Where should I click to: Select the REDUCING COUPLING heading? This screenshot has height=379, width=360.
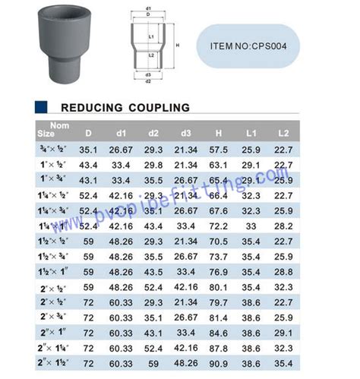pyautogui.click(x=125, y=107)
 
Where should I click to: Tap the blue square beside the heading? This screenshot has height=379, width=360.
pyautogui.click(x=42, y=107)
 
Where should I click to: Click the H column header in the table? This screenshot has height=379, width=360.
pyautogui.click(x=219, y=133)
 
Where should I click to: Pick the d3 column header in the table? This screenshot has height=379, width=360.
pyautogui.click(x=186, y=133)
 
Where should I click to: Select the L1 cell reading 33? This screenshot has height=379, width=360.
pyautogui.click(x=250, y=226)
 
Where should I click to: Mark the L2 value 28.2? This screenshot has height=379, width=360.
pyautogui.click(x=283, y=226)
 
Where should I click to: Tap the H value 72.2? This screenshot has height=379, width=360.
pyautogui.click(x=219, y=226)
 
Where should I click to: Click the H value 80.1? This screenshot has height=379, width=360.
pyautogui.click(x=219, y=288)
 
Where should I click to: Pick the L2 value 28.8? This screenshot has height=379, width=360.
pyautogui.click(x=283, y=272)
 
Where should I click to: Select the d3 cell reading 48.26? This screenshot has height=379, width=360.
pyautogui.click(x=186, y=365)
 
